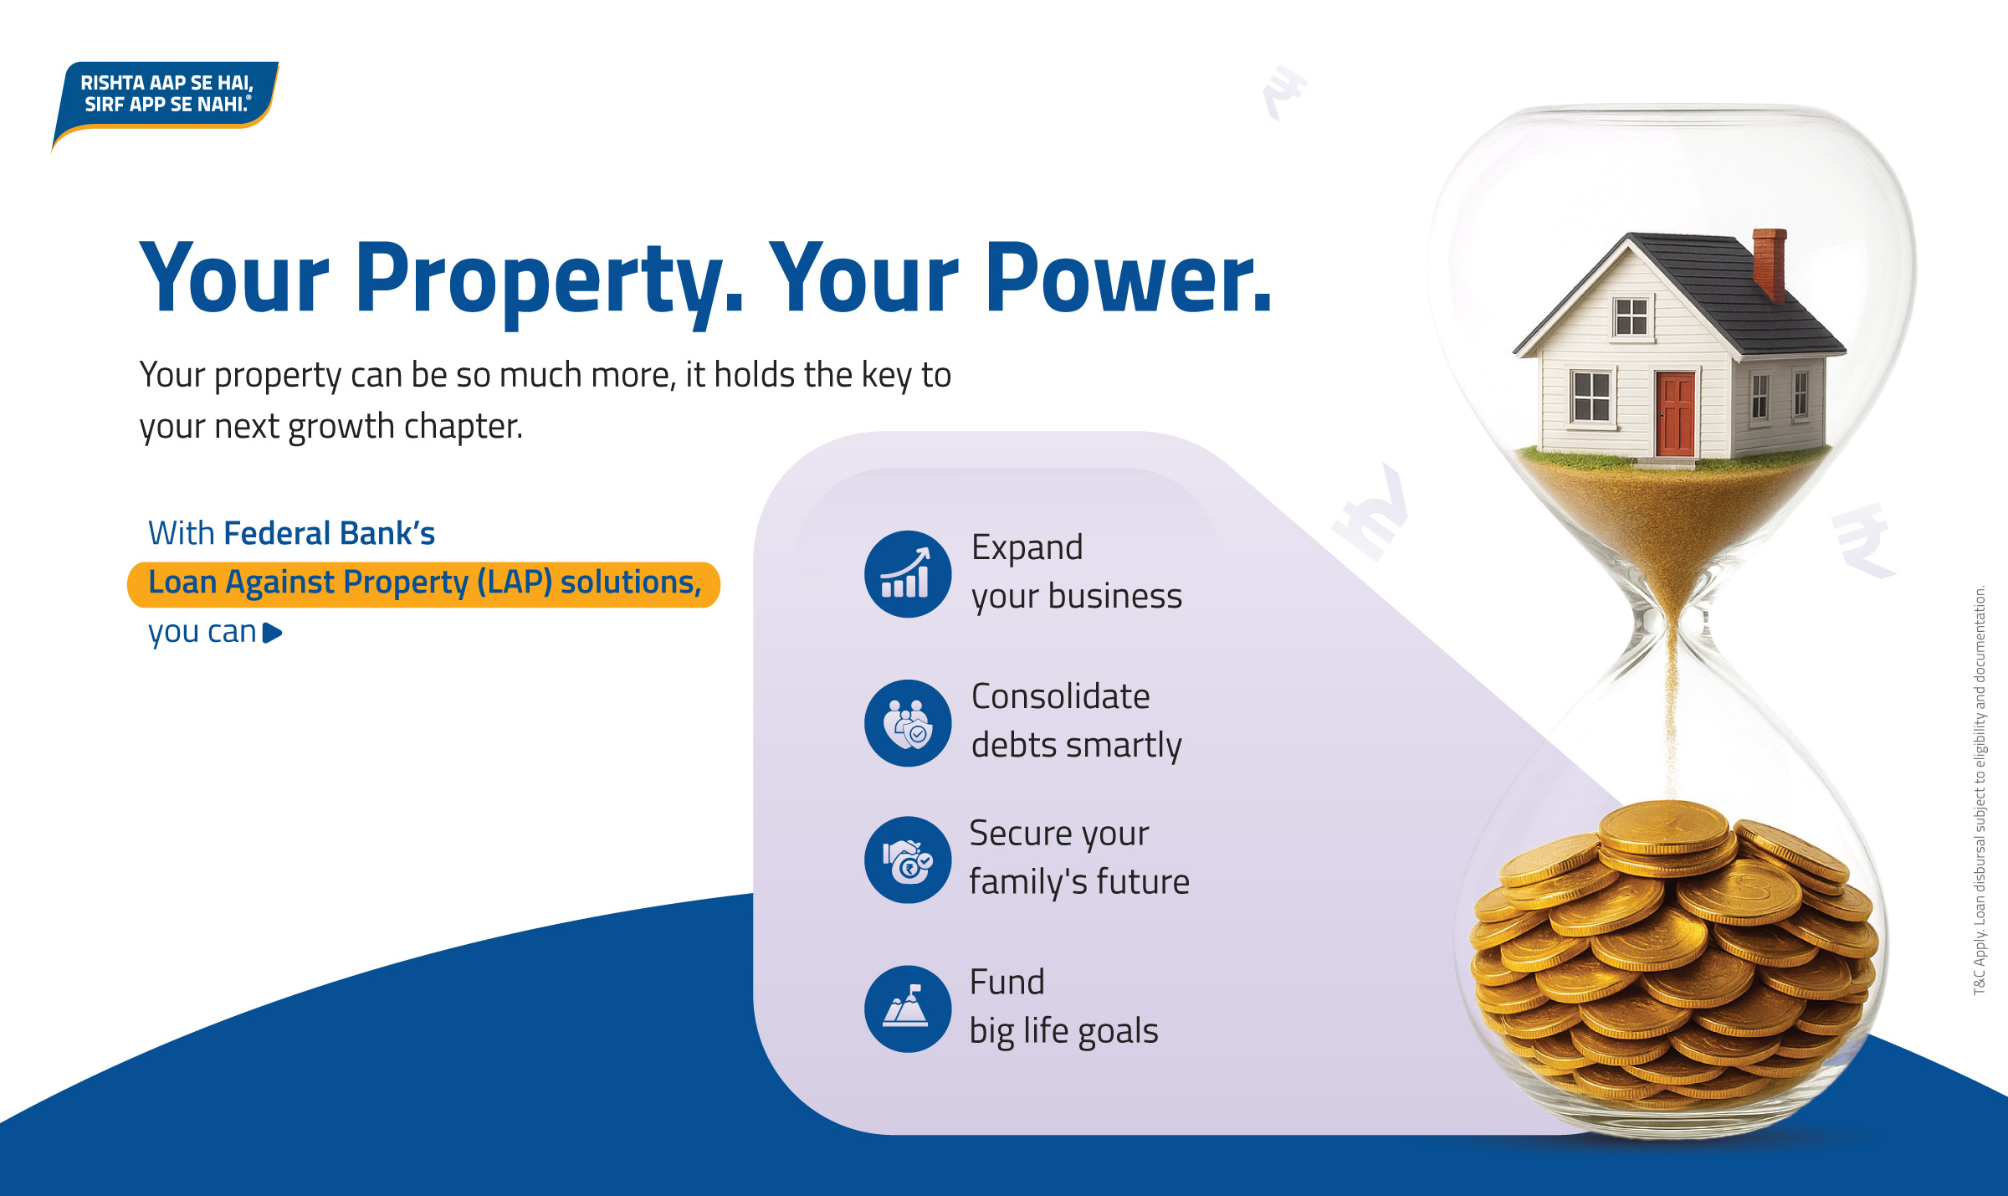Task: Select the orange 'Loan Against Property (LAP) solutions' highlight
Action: (423, 584)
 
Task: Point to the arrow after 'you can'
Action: (272, 633)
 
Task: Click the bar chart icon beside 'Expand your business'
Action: (907, 574)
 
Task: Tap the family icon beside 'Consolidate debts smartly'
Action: (907, 723)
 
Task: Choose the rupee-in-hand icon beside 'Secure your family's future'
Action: (907, 860)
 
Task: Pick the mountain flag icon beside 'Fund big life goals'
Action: (907, 1009)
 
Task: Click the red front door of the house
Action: (1674, 414)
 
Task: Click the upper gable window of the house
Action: (1631, 316)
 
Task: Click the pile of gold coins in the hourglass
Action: (1673, 954)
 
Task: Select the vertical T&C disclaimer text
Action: (1980, 790)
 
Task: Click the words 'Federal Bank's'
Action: (329, 533)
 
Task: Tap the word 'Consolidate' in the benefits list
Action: (1060, 696)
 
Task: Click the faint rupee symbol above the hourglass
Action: (1284, 92)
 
